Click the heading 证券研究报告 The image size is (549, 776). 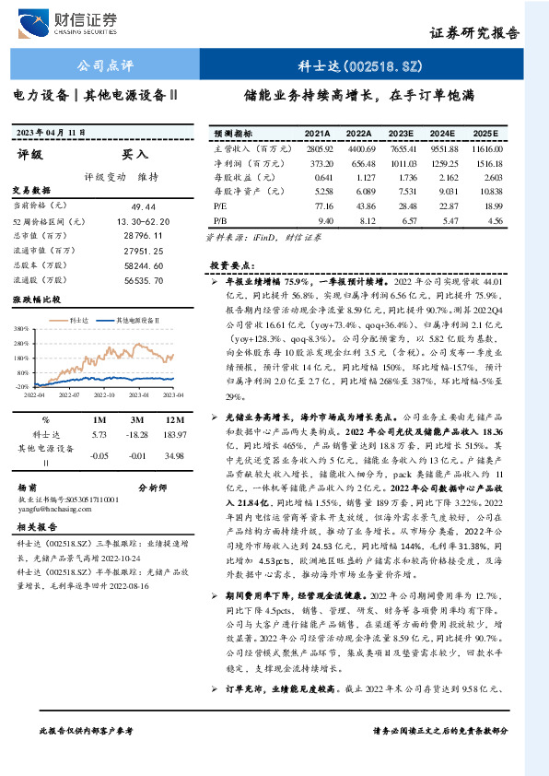click(474, 32)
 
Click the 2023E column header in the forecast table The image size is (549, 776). click(401, 133)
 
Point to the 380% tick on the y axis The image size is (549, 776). click(20, 328)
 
